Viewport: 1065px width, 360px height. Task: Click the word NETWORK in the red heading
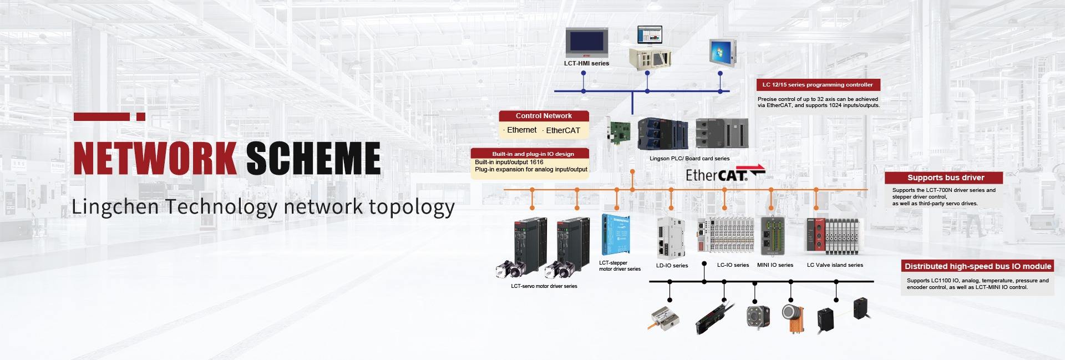click(x=155, y=159)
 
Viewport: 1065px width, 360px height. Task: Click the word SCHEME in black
click(x=313, y=159)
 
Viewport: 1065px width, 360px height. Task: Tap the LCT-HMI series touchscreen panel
click(x=586, y=43)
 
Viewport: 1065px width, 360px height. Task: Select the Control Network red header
click(x=544, y=116)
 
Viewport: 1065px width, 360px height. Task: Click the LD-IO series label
click(x=672, y=266)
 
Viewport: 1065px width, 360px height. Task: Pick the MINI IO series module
click(x=773, y=235)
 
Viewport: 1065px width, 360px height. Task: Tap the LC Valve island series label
click(x=835, y=265)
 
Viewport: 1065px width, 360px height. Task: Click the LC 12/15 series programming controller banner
click(x=817, y=85)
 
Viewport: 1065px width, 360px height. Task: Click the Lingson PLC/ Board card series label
click(x=689, y=159)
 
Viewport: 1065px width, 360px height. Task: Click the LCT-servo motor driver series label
click(x=544, y=286)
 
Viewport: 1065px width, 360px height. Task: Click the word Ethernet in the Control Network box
click(x=521, y=130)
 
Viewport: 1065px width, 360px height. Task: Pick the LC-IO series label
click(x=733, y=265)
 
